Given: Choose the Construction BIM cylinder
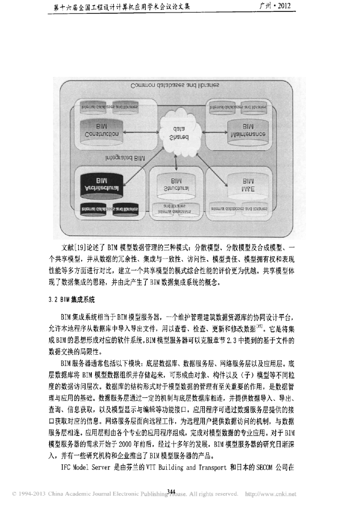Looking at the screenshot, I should point(101,130).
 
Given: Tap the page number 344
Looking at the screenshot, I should point(172,491).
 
